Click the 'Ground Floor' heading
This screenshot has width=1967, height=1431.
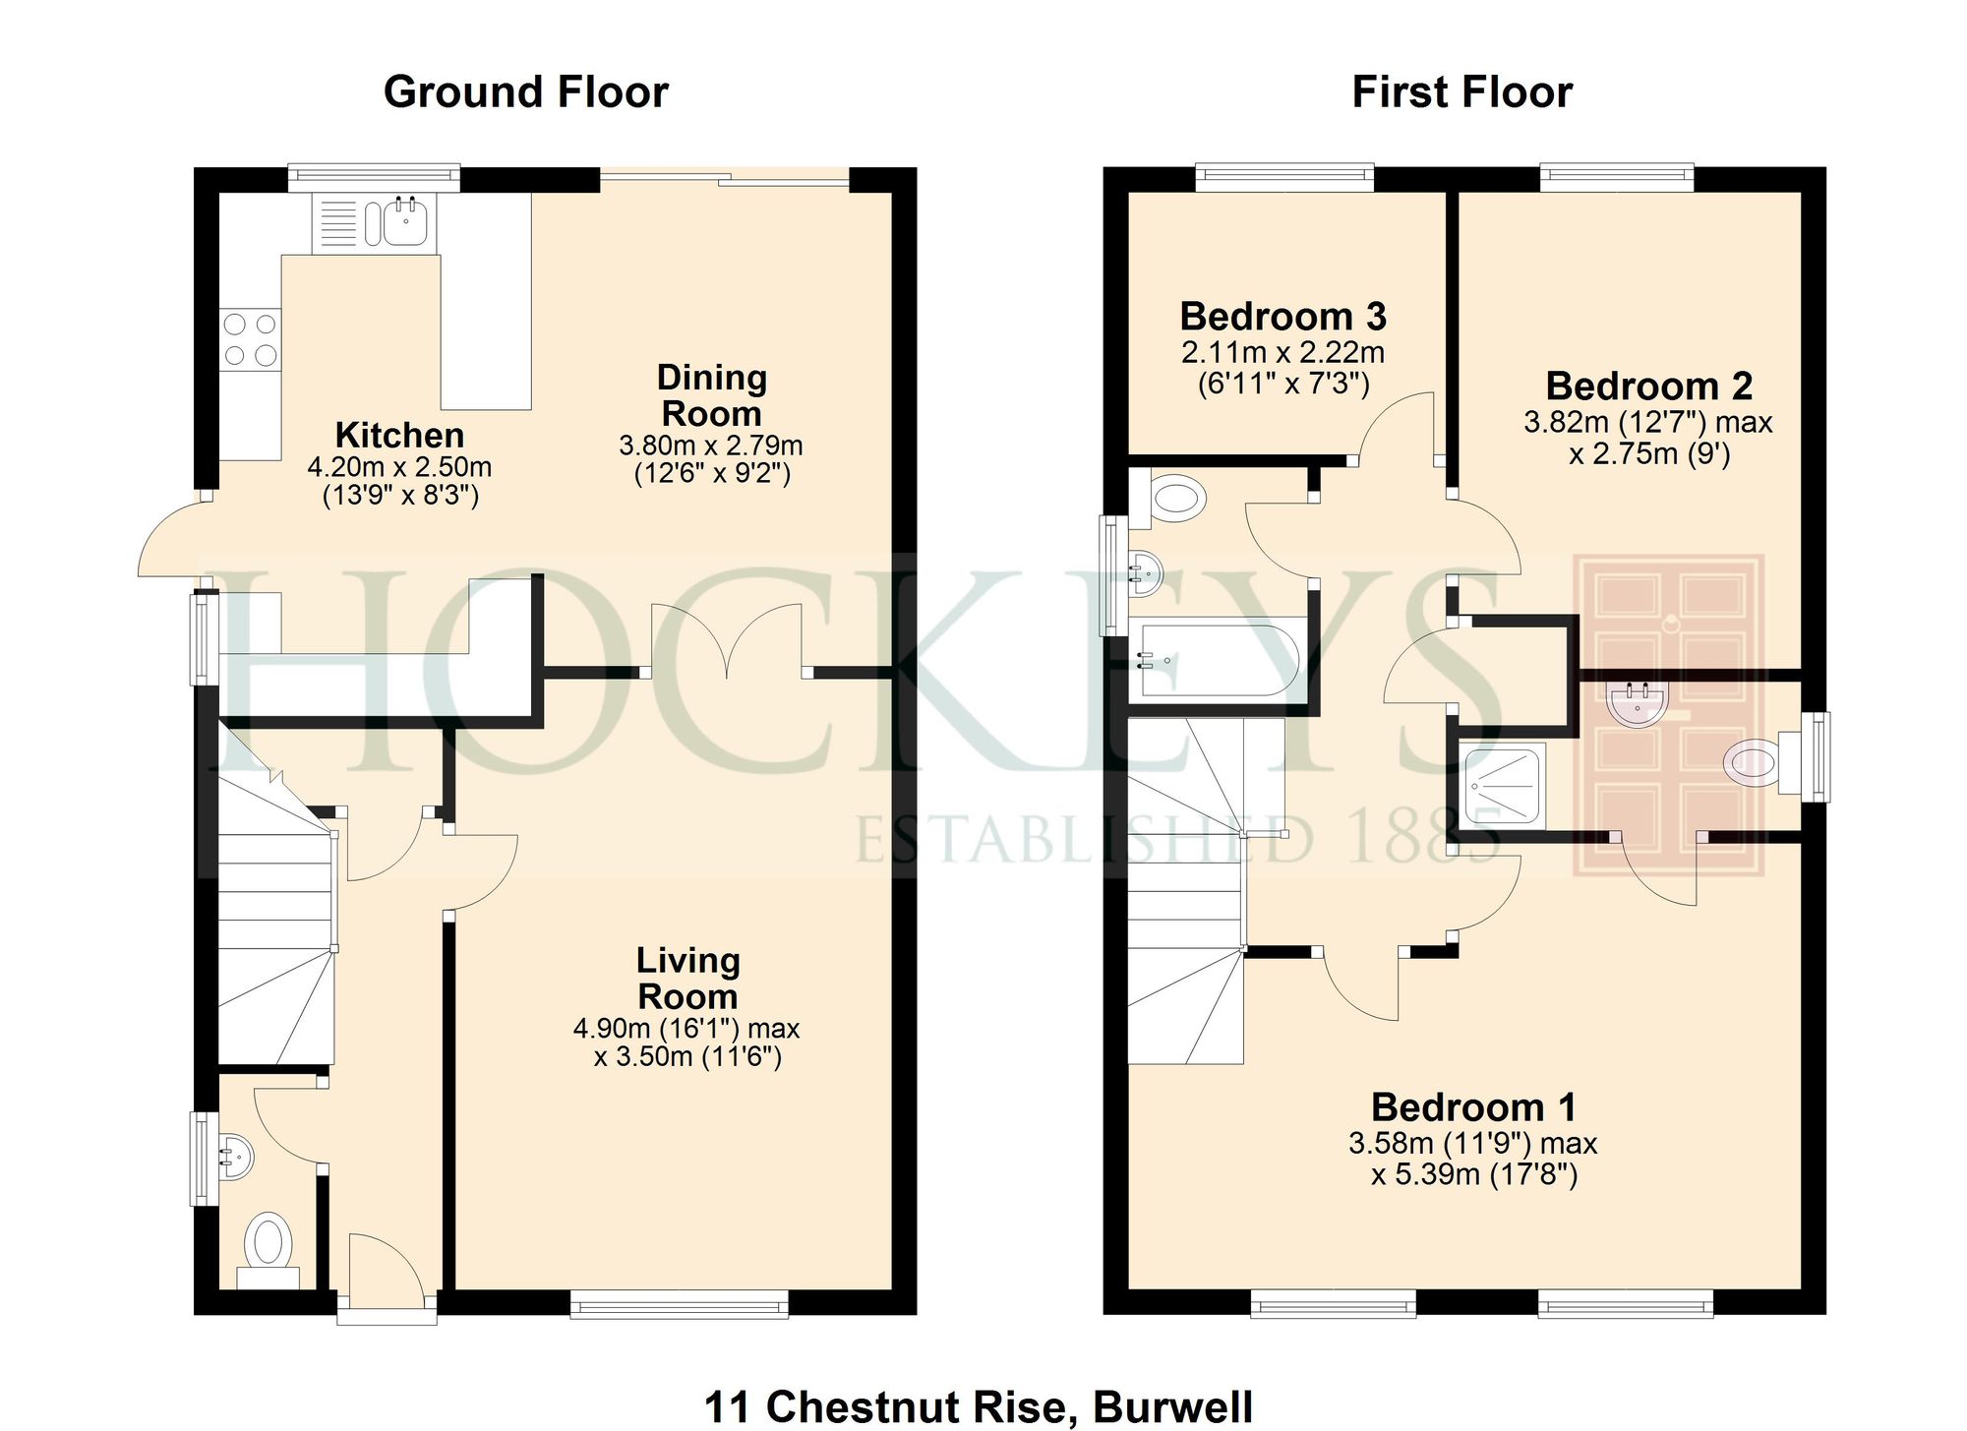(x=525, y=91)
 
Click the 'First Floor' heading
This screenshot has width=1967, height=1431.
(x=1461, y=91)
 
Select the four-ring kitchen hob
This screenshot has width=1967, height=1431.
(x=250, y=339)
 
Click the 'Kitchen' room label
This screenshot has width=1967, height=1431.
(x=399, y=435)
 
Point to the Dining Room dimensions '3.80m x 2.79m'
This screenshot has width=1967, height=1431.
(x=710, y=446)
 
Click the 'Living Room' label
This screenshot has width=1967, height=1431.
(x=687, y=978)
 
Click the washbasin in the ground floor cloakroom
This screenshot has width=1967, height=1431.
(x=234, y=1158)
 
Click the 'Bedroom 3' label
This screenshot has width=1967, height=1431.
(x=1282, y=317)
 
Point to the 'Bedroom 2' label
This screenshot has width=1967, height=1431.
(x=1648, y=386)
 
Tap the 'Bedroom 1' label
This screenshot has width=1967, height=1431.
(x=1473, y=1107)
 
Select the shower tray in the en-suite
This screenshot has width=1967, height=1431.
(x=1503, y=786)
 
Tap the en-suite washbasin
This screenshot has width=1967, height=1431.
(x=1637, y=703)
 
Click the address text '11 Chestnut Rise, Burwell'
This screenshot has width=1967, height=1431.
(x=979, y=1406)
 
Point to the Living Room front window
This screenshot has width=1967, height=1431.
(x=679, y=1306)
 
